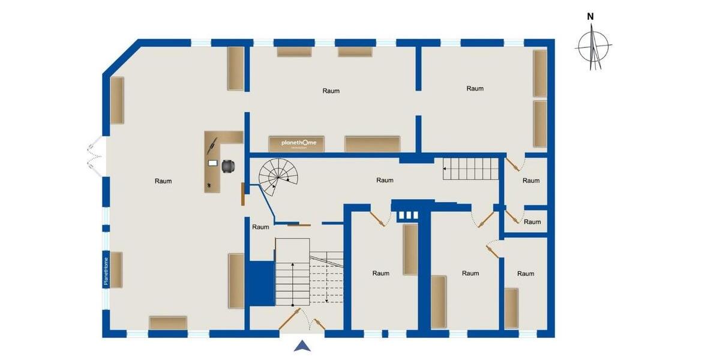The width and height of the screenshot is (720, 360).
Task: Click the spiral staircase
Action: [x=278, y=175]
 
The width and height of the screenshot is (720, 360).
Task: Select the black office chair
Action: [x=228, y=166]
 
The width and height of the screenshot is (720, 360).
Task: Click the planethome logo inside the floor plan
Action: [x=303, y=143]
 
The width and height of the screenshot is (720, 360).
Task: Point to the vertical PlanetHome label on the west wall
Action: [x=106, y=270]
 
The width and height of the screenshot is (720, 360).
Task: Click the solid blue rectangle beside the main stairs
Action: [x=261, y=283]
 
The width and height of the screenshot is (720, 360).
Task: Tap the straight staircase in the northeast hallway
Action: [x=471, y=169]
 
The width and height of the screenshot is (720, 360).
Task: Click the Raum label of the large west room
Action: [x=163, y=181]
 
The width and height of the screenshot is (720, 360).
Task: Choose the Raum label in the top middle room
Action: [x=331, y=91]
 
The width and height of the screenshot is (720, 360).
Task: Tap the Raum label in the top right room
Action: [x=475, y=89]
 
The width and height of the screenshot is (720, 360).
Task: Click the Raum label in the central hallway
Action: [x=385, y=180]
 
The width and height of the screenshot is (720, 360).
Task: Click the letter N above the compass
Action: [x=590, y=17]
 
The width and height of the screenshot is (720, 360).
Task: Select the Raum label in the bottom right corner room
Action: [x=526, y=274]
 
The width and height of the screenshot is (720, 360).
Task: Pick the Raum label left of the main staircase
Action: [x=260, y=227]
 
